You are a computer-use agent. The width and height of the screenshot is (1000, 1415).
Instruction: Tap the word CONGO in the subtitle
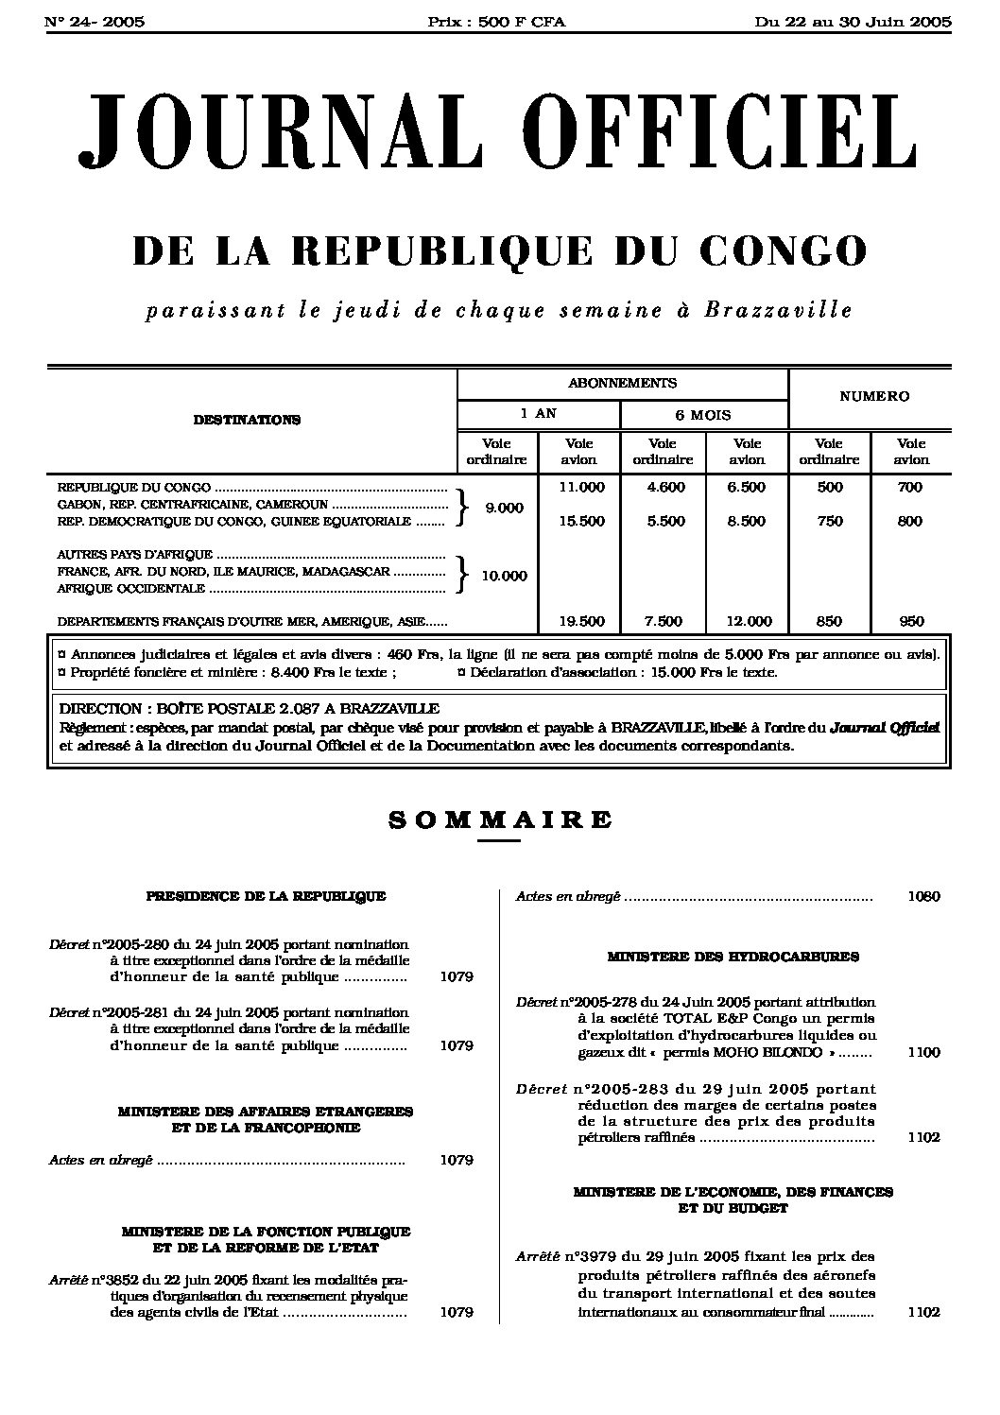tap(783, 250)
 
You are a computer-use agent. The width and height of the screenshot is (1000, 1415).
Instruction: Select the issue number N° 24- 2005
tap(95, 22)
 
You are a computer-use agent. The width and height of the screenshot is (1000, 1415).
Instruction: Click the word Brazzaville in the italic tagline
tap(778, 310)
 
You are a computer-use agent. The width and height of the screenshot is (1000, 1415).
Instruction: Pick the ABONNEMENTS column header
tap(622, 383)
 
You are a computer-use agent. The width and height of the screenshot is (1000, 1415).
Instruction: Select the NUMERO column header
tap(874, 397)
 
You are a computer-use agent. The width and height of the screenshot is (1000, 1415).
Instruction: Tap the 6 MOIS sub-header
tap(704, 414)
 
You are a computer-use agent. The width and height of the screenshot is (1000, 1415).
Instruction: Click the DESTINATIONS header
tap(247, 420)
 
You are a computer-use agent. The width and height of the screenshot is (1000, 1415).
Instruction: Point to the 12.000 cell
tap(748, 621)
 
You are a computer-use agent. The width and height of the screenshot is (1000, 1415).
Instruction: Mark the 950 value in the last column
tap(911, 621)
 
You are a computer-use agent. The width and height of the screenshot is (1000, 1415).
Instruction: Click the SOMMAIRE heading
tap(500, 819)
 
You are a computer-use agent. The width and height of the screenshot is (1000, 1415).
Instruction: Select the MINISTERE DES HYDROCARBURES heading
tap(733, 957)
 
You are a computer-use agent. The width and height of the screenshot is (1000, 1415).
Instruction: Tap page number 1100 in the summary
tap(922, 1052)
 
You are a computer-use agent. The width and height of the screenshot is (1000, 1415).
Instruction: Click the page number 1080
tap(922, 896)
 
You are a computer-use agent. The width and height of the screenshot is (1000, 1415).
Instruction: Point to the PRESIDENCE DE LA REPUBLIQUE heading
tap(266, 896)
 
